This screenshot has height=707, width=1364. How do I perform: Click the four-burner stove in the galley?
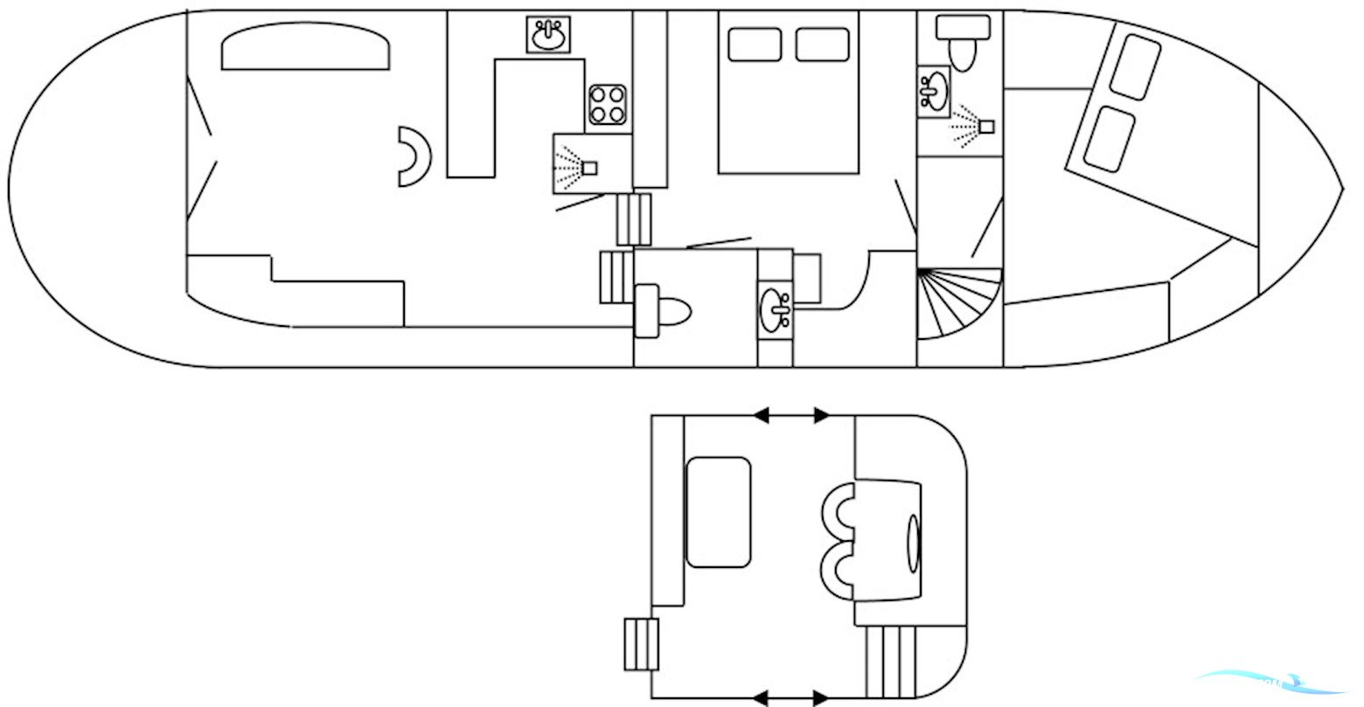click(608, 105)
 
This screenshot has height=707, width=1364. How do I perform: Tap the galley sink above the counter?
click(549, 35)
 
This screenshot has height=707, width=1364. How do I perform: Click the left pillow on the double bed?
click(755, 45)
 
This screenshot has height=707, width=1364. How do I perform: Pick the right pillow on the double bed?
click(822, 45)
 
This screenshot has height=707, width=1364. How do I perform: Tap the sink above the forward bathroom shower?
click(934, 90)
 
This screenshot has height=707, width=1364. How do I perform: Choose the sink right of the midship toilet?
click(776, 307)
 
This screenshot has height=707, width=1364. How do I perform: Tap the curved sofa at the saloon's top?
click(304, 46)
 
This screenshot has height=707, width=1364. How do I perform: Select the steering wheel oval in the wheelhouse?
click(914, 542)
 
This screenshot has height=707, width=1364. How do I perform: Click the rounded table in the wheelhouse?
click(719, 512)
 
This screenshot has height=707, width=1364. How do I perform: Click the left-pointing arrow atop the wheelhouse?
click(762, 415)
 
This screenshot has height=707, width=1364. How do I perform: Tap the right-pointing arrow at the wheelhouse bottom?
click(820, 697)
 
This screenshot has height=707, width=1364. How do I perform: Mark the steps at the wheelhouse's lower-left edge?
click(641, 644)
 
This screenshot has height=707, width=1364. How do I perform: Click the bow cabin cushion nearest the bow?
click(1134, 67)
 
